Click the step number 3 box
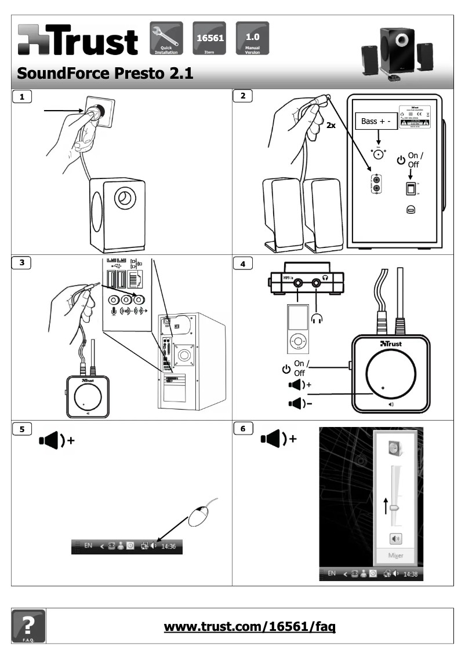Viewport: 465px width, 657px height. (x=23, y=262)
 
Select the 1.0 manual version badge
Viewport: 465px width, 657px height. (x=252, y=36)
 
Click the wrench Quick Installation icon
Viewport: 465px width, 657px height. (x=166, y=38)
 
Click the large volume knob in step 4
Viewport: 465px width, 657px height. (x=390, y=376)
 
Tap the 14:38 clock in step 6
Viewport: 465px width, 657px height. (x=410, y=574)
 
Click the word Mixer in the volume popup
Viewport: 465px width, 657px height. (x=395, y=555)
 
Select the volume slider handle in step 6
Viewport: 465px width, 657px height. (x=394, y=506)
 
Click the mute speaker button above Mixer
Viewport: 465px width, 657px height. (x=395, y=538)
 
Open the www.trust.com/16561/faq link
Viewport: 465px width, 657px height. (x=250, y=626)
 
